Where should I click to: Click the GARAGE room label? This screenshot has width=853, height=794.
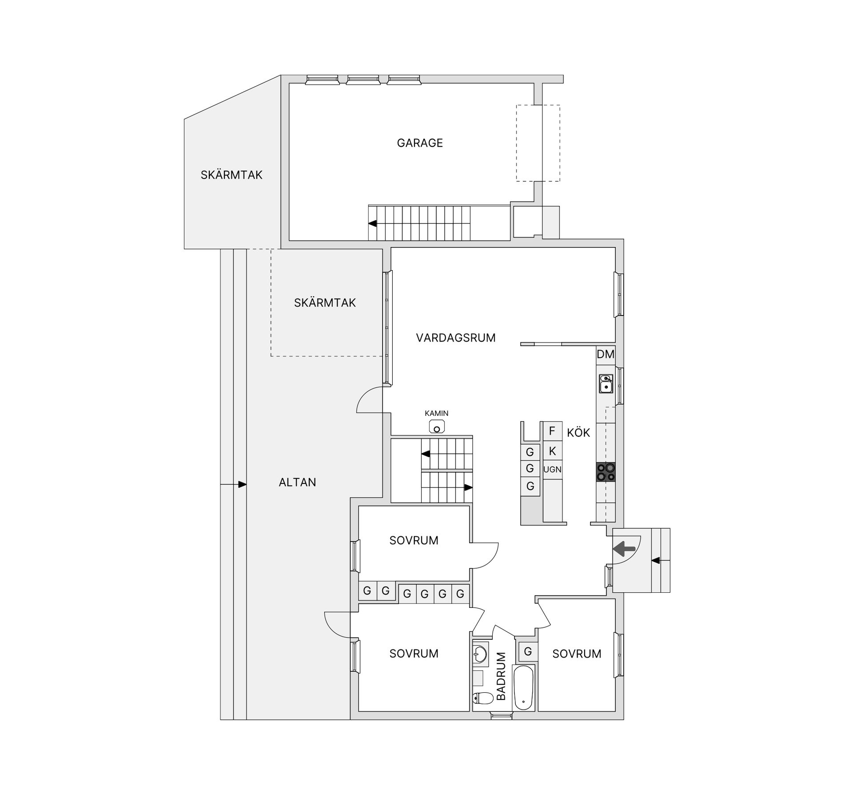(420, 143)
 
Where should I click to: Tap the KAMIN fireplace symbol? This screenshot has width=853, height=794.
(437, 427)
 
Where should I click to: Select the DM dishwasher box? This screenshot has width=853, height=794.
(606, 355)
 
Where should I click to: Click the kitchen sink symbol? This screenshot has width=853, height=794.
(606, 383)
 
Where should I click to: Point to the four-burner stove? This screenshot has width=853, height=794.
(606, 472)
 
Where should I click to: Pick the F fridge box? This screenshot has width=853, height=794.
(552, 431)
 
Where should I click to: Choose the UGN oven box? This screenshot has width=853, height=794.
(552, 470)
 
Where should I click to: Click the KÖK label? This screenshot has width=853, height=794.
(578, 433)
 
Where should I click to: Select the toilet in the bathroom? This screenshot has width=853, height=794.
(482, 699)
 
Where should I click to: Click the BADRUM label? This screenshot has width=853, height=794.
(501, 677)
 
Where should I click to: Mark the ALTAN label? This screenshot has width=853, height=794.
(297, 483)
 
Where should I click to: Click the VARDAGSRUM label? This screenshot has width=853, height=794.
(456, 338)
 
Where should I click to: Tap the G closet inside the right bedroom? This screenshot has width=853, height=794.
(528, 652)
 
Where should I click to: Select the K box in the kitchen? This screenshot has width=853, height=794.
(552, 451)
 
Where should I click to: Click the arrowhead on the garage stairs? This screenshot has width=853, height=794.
(372, 223)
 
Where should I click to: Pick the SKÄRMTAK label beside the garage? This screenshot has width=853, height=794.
(231, 175)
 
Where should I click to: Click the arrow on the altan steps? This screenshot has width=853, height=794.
(233, 484)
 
